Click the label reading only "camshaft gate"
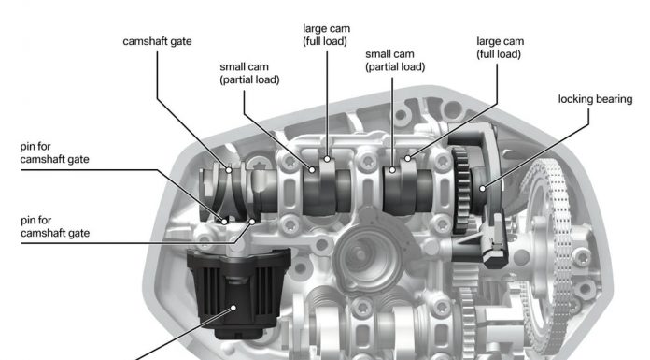click(x=157, y=41)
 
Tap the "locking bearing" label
click(x=595, y=99)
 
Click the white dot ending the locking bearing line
click(x=483, y=189)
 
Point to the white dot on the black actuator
click(x=233, y=308)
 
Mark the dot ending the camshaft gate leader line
click(x=229, y=170)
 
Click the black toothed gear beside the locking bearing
click(x=461, y=189)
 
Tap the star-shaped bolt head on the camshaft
click(x=260, y=167)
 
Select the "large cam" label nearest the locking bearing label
click(x=500, y=48)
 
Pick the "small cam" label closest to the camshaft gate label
click(x=249, y=73)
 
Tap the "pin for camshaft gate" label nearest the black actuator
click(x=55, y=226)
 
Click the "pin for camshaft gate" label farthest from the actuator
click(x=54, y=152)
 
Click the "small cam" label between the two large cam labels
click(x=395, y=60)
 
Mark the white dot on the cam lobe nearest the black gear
click(x=408, y=158)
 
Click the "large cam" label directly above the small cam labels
click(x=327, y=35)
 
